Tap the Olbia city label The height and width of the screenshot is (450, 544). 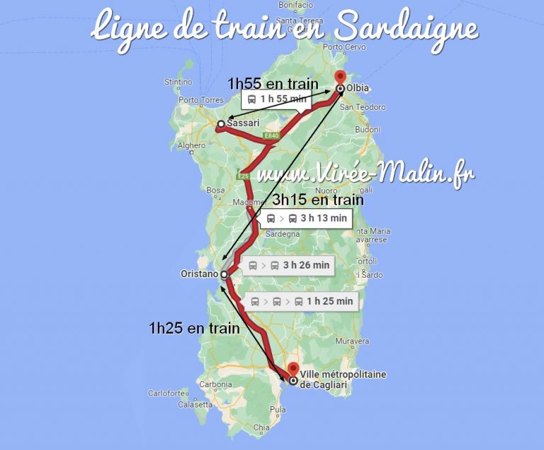tap(360, 89)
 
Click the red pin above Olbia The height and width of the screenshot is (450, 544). tap(340, 78)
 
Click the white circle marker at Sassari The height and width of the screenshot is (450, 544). tap(220, 124)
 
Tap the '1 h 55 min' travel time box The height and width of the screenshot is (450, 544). tap(277, 99)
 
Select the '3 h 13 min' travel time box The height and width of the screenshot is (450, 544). tap(307, 218)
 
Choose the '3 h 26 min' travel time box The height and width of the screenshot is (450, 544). tap(289, 266)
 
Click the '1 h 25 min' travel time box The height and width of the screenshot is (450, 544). tap(302, 301)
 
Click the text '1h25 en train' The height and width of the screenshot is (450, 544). tap(193, 328)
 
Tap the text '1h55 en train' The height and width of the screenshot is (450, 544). tap(273, 84)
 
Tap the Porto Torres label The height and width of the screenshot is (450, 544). tap(199, 100)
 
